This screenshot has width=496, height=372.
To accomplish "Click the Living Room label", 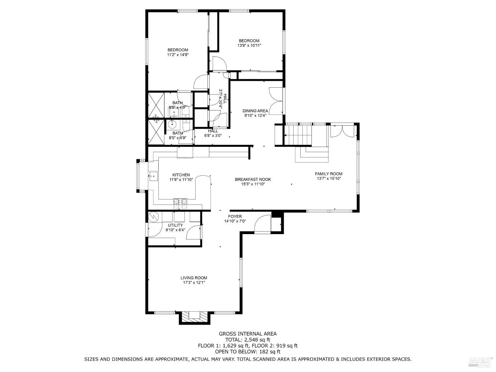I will point(194,278).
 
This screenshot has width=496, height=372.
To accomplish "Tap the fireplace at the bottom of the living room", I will point(194,316).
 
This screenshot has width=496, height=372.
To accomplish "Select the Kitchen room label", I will point(181,175).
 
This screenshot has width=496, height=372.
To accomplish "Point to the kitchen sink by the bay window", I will point(153,175).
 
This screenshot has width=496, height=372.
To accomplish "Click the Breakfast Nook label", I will point(253,179).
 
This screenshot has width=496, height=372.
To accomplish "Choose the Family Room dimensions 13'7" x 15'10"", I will point(328,179).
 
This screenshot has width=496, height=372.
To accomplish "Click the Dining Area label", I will point(255,111).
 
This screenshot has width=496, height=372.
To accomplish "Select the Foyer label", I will point(235,217).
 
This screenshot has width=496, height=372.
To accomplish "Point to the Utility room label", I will point(175,225).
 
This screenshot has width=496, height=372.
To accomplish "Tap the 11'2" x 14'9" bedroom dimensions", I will point(178,55).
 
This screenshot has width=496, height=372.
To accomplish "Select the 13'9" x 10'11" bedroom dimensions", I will point(249,46).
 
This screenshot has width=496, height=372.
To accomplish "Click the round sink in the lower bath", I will point(172,125).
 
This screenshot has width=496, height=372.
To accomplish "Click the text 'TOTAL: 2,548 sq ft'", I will point(248,340).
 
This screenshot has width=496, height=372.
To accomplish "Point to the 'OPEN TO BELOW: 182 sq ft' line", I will point(248,351).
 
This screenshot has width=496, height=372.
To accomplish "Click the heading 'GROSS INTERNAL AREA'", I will point(248,334).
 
